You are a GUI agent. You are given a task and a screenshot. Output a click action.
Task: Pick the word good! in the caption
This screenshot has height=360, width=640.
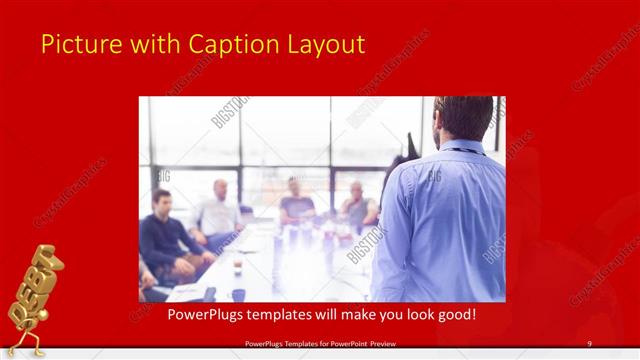tap(453, 315)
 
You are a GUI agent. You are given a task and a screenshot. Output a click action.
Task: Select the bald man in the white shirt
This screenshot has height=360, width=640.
tap(219, 210)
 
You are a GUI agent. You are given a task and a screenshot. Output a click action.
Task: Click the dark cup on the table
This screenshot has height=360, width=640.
tap(238, 294)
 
